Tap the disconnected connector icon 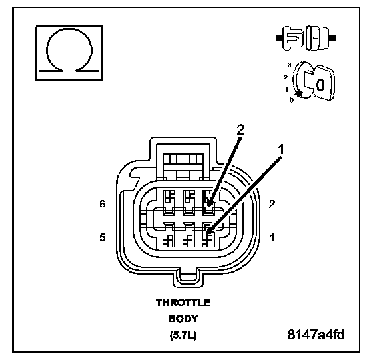click(x=306, y=38)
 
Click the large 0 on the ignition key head click(x=320, y=85)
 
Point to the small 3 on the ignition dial click(x=289, y=65)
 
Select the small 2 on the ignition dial click(x=286, y=77)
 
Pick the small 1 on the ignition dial click(x=286, y=90)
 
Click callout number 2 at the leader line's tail click(x=240, y=130)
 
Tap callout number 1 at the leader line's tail click(x=281, y=149)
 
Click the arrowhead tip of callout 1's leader click(x=207, y=234)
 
